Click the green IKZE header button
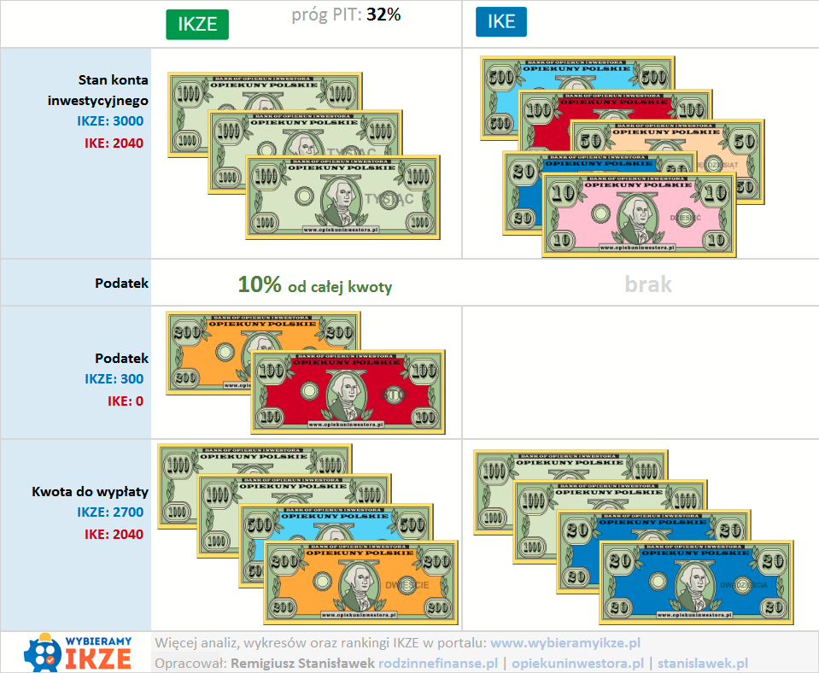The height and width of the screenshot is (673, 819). [x=197, y=24]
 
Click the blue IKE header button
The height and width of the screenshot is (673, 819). [x=500, y=22]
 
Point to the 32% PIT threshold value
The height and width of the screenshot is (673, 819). [x=383, y=15]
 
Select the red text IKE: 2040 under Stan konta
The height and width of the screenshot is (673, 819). [x=113, y=143]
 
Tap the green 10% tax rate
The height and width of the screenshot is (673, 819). [x=260, y=285]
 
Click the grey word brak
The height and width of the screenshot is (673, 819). [x=647, y=284]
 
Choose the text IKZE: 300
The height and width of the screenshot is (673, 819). [x=114, y=379]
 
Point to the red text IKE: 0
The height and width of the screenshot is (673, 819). [x=125, y=400]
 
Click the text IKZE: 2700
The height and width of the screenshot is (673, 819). [x=109, y=512]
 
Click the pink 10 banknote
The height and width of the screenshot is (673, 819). [x=638, y=215]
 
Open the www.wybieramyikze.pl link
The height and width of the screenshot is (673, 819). [x=565, y=642]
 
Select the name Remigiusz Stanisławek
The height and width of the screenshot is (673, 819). [x=303, y=663]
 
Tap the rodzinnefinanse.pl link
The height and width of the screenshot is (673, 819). [x=438, y=663]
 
